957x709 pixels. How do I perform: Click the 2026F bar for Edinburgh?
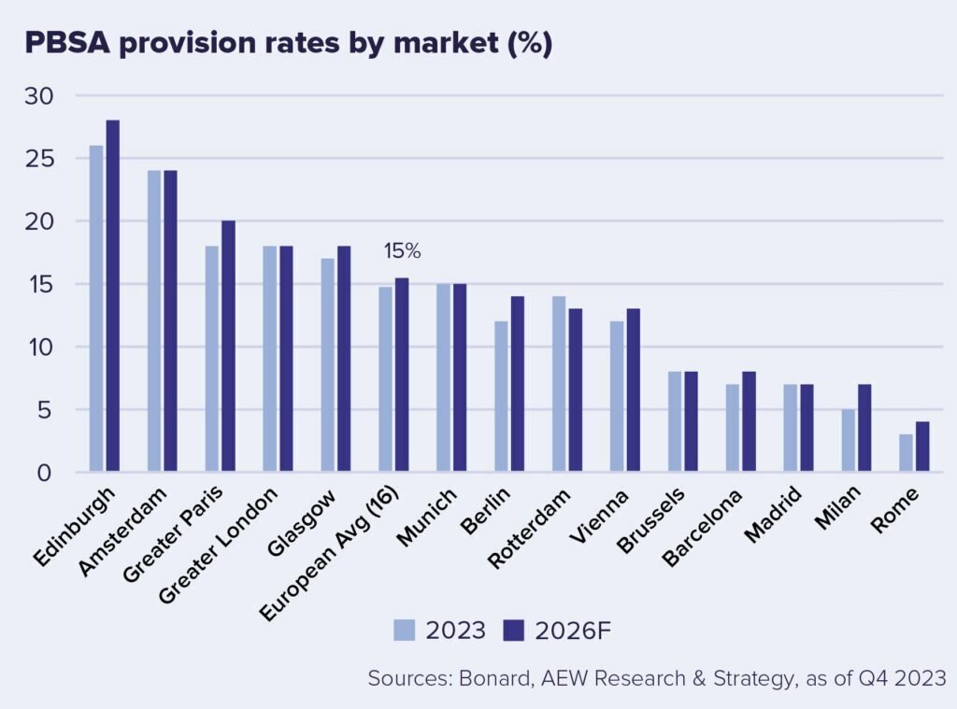(112, 296)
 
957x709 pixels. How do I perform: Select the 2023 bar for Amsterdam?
(154, 321)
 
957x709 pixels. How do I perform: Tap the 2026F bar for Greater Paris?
(228, 347)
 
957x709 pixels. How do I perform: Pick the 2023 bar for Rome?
(906, 453)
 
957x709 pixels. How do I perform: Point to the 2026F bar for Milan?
(864, 428)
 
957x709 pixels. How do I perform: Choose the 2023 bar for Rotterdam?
(559, 384)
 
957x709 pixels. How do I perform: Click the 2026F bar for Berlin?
(518, 384)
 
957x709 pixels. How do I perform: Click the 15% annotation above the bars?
(402, 251)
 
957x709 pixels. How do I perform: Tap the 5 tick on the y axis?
(45, 410)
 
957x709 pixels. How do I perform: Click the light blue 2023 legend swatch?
(404, 631)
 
